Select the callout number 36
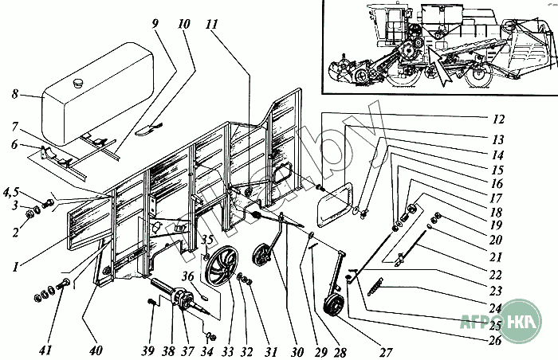tap(189, 276)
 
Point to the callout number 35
tap(206, 240)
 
